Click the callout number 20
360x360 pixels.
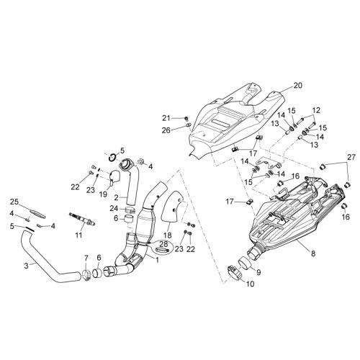click(298, 86)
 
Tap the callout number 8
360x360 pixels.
click(313, 253)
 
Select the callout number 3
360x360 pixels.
click(27, 266)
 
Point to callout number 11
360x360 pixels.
click(78, 235)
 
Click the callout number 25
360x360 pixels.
click(14, 202)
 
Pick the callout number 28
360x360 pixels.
click(164, 245)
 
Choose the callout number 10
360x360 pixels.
click(250, 284)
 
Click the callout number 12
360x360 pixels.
click(316, 110)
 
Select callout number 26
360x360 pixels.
click(166, 130)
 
